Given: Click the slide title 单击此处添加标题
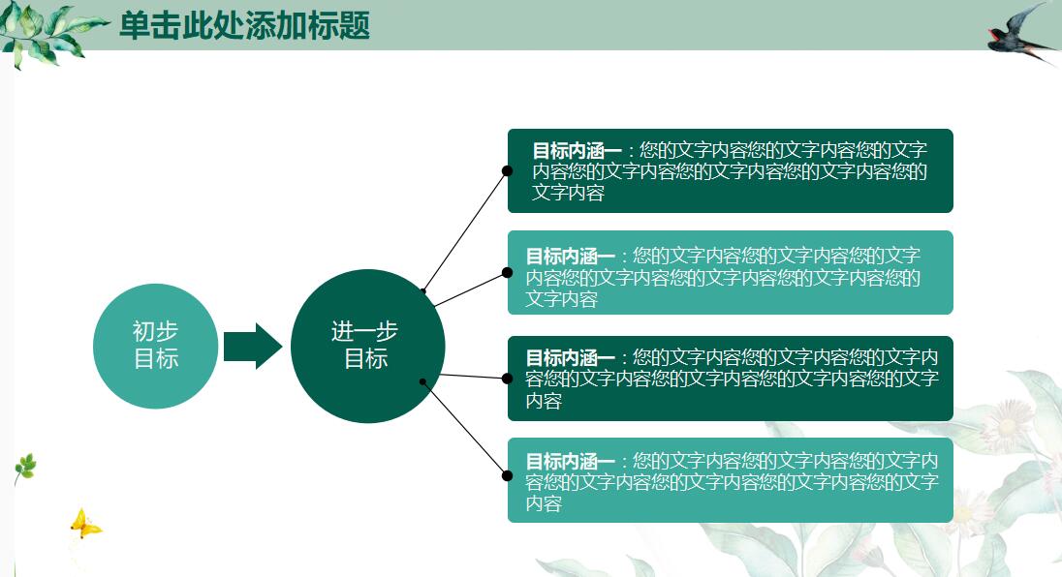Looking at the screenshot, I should coord(244,25).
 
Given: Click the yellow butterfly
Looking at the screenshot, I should coord(84,525).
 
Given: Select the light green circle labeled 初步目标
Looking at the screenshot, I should coord(155,346).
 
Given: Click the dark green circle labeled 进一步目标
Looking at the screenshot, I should coord(367,346).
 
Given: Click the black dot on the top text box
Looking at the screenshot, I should coord(507,171).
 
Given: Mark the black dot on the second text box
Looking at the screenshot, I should coord(507,273).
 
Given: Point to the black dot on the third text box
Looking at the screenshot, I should coord(507,379).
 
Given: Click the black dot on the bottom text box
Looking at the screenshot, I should coord(507,475).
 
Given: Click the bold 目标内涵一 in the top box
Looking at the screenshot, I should coord(576,151).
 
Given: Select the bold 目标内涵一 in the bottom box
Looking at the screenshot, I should coord(570,462).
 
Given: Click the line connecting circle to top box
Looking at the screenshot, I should coord(465,230).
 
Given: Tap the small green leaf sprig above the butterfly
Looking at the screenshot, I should coord(25,469).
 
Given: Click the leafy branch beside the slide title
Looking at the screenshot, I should coord(48,31).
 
